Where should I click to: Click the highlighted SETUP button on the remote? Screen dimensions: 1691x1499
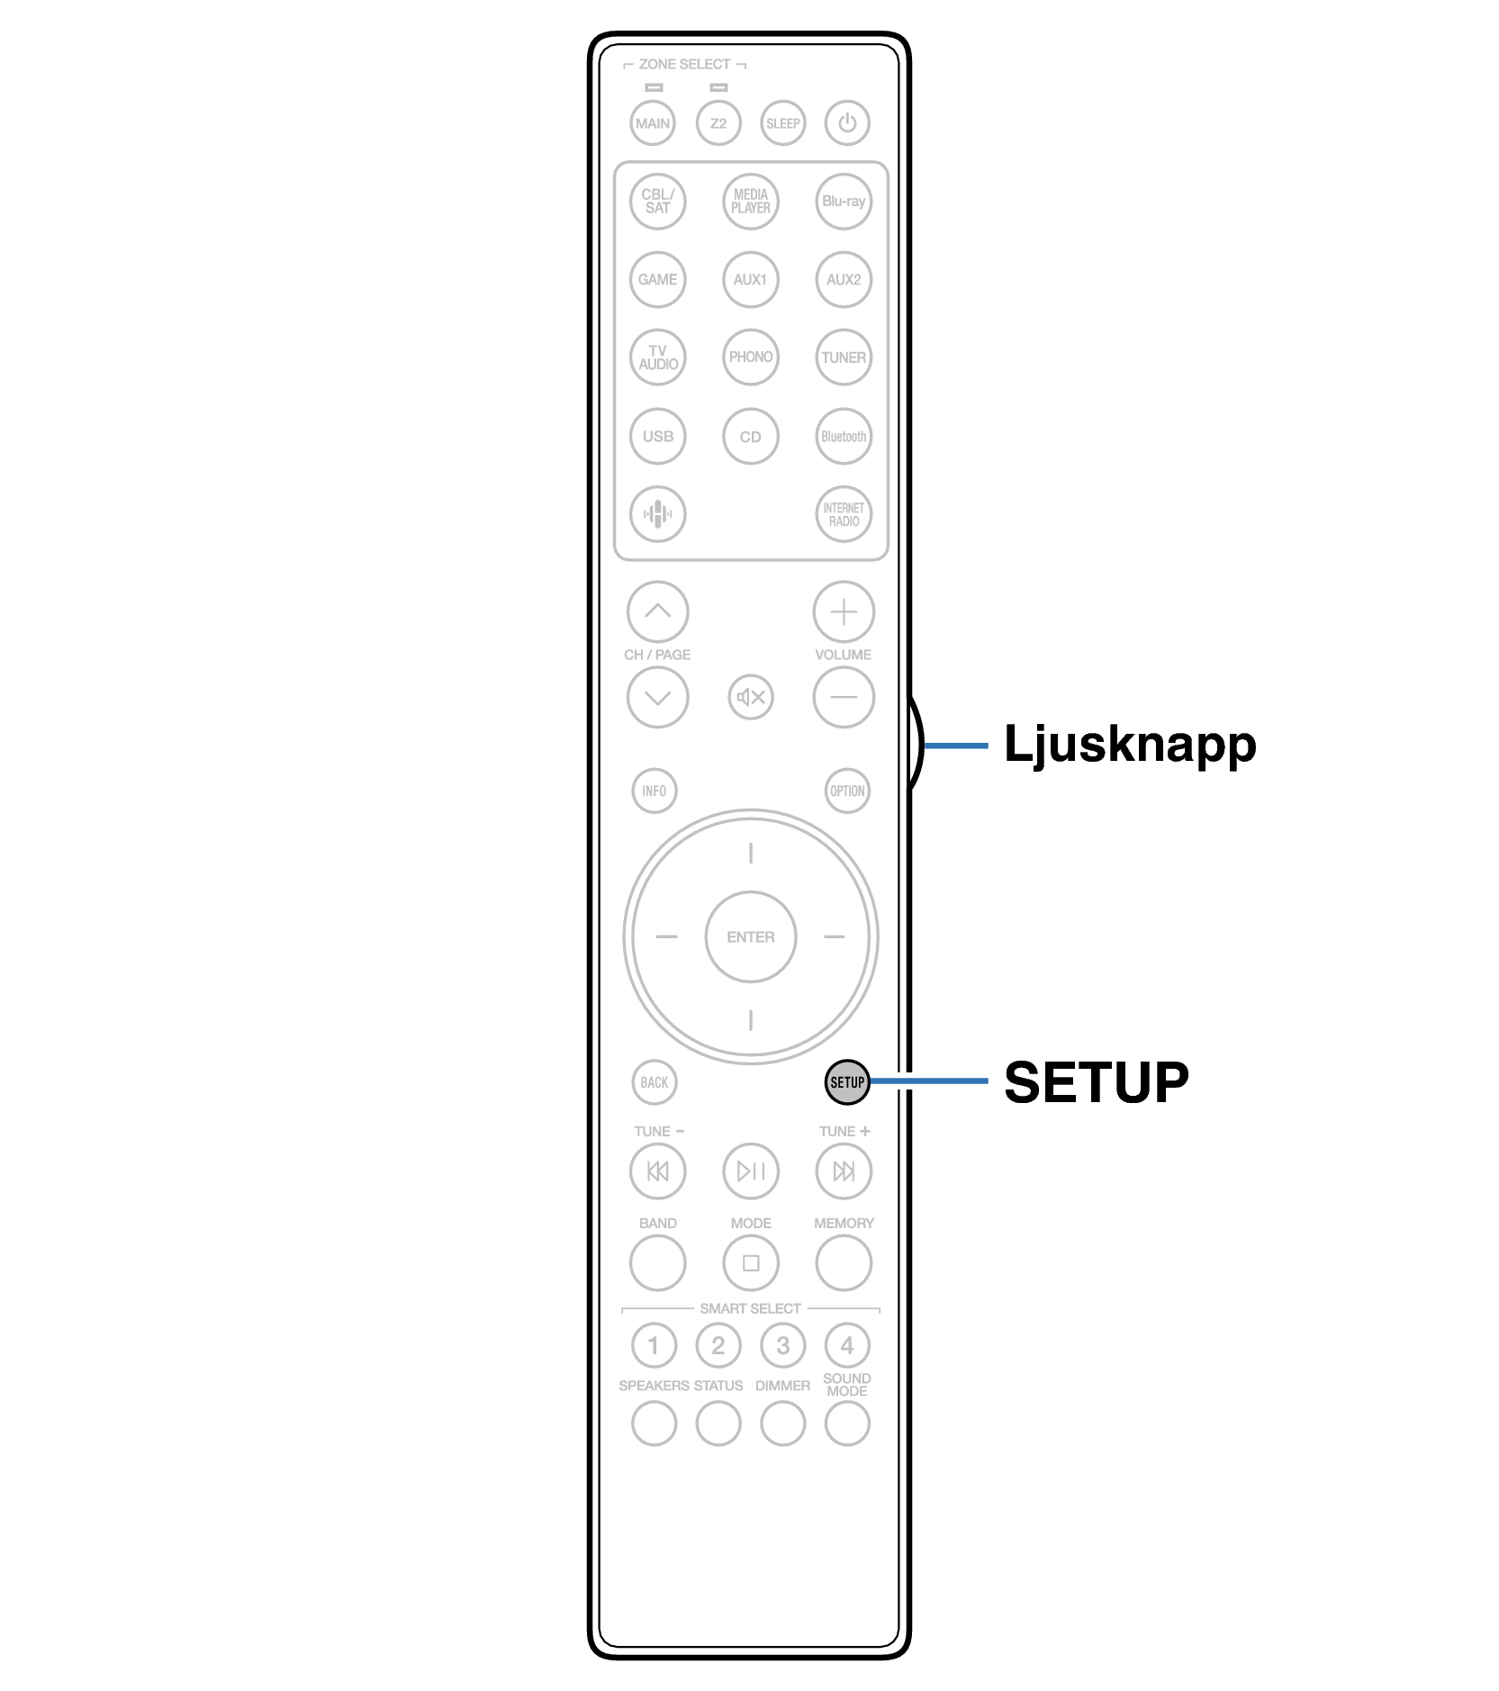[846, 1081]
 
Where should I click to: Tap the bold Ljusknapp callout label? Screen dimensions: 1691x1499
[1129, 745]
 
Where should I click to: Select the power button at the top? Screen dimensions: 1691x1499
[847, 123]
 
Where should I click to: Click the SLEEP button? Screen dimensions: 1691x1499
[782, 123]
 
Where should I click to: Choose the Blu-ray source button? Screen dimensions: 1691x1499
[844, 201]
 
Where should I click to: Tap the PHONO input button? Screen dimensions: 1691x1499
[750, 357]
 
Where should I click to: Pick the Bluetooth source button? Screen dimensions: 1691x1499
[844, 437]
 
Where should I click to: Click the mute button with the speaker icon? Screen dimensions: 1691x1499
[751, 697]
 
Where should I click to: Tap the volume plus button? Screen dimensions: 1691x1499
[844, 612]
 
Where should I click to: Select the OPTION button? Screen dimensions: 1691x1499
[847, 791]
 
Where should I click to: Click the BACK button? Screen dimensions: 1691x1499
[655, 1082]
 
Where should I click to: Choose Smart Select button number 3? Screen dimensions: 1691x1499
[782, 1346]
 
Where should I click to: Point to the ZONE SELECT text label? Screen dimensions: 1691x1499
[684, 65]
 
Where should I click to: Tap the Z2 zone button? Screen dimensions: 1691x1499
[718, 123]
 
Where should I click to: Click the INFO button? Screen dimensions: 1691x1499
[655, 791]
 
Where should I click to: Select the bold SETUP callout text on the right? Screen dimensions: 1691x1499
[1096, 1081]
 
